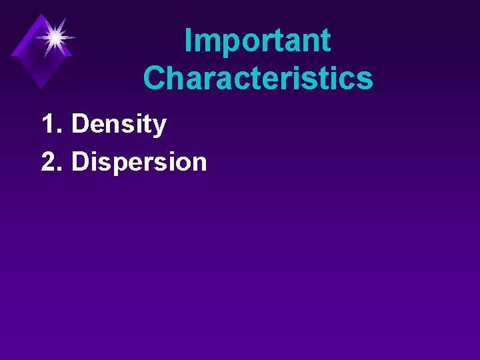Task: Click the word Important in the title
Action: (257, 41)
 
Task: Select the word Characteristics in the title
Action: (257, 78)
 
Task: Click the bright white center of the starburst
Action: (55, 37)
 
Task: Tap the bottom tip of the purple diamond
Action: (41, 89)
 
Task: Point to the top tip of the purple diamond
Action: (42, 14)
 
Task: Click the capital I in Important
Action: (188, 41)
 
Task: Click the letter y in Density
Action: (159, 127)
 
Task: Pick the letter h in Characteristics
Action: (177, 79)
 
